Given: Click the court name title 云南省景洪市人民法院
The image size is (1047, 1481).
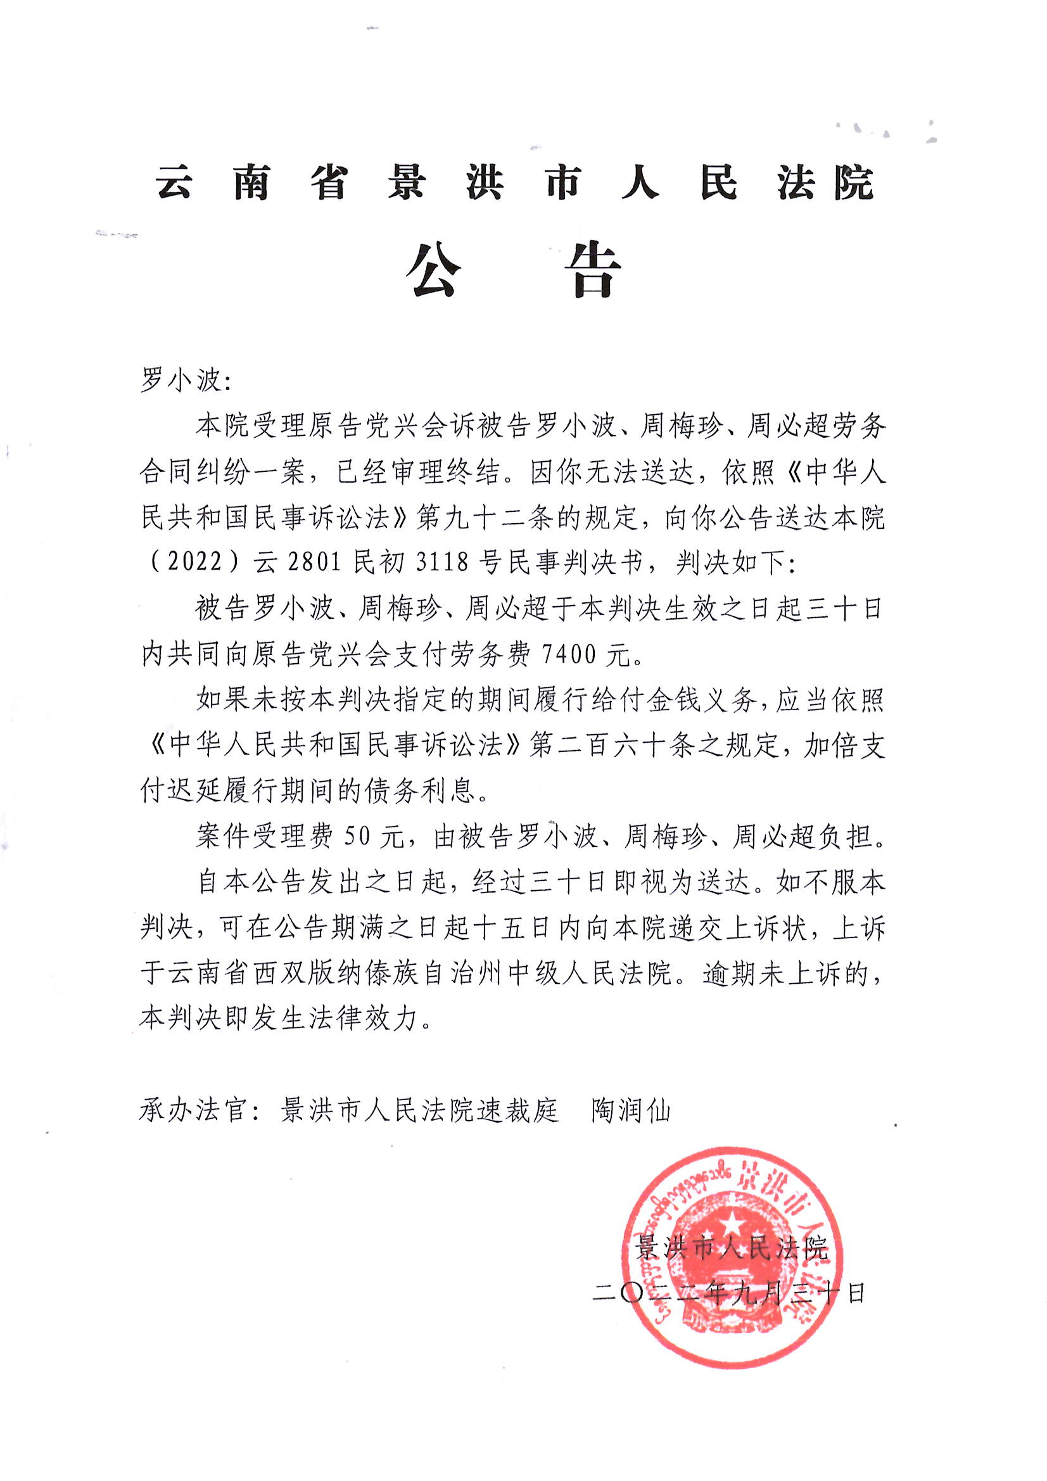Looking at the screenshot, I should tap(514, 183).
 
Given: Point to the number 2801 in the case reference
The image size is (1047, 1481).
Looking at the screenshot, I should tap(314, 563).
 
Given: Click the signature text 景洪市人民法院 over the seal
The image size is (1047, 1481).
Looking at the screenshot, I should tap(731, 1249).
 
